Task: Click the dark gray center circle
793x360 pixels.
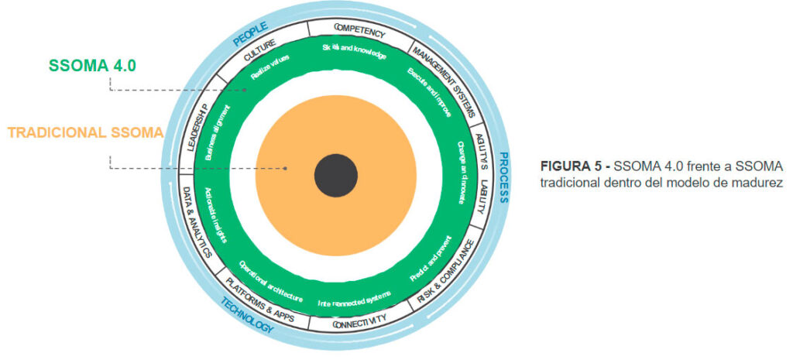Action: (x=336, y=175)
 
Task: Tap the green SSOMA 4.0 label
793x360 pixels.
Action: (x=91, y=66)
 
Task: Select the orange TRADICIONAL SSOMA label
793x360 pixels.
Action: (x=85, y=132)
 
